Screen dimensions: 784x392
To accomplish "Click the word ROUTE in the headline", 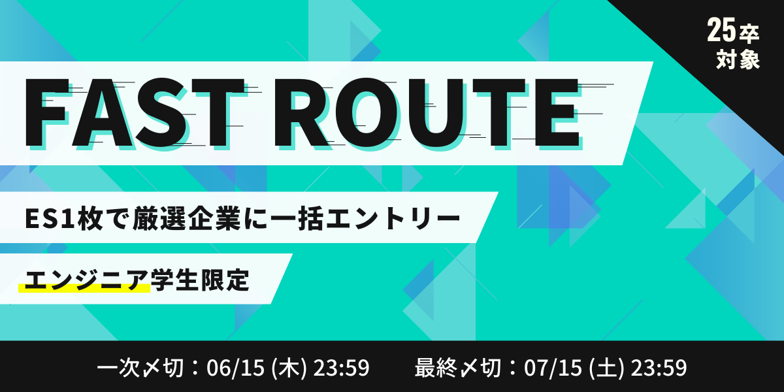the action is pyautogui.click(x=427, y=112).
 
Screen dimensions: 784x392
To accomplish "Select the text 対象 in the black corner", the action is pyautogui.click(x=738, y=59).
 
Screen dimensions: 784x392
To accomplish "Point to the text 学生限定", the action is pyautogui.click(x=200, y=280).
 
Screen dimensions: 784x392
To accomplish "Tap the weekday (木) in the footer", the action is pyautogui.click(x=289, y=368).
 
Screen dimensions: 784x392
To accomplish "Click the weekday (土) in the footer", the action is pyautogui.click(x=606, y=368).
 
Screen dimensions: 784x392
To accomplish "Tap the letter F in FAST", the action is pyautogui.click(x=46, y=112).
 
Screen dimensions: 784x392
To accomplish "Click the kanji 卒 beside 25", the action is pyautogui.click(x=749, y=34).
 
